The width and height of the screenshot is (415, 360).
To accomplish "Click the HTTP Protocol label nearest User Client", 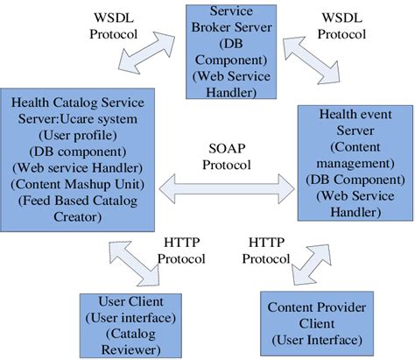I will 180,251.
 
